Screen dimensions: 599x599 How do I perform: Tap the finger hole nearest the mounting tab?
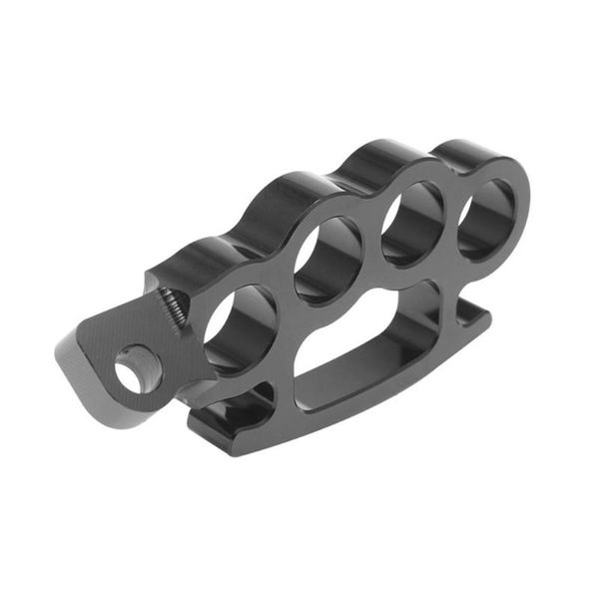(x=240, y=327)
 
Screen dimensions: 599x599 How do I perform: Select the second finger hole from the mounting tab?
(x=327, y=261)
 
